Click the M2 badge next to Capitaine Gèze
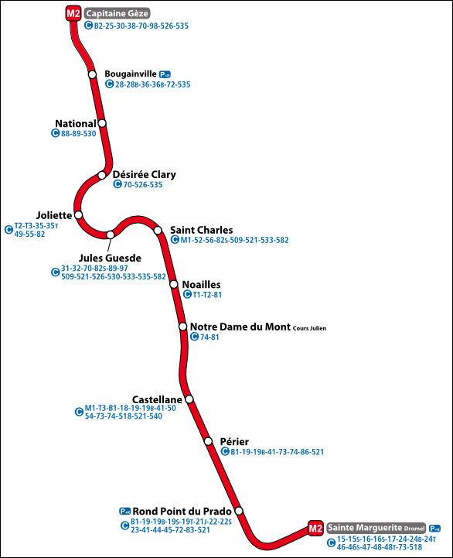tap(73, 13)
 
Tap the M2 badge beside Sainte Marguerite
tap(315, 528)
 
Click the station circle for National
tap(101, 123)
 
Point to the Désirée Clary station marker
tap(102, 175)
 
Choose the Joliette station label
tap(54, 214)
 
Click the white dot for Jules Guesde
tap(111, 234)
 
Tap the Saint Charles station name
tap(201, 230)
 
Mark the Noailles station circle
tap(174, 285)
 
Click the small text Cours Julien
tap(309, 328)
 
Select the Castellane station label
tap(157, 399)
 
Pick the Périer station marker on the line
tap(208, 441)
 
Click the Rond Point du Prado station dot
tap(239, 511)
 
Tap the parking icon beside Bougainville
tap(165, 74)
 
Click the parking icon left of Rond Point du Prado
tap(124, 511)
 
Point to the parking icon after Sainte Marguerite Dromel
tap(435, 528)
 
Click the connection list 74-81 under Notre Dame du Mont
tap(209, 337)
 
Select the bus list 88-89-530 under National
tap(78, 133)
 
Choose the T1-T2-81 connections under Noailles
tap(207, 295)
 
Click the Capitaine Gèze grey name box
tap(117, 13)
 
